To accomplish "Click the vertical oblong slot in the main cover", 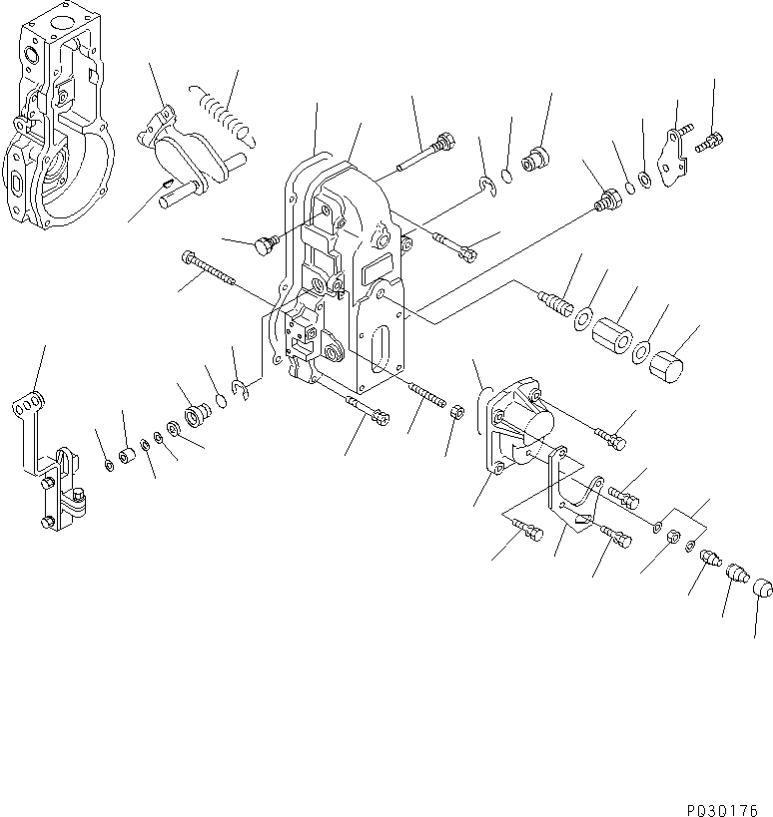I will point(381,353).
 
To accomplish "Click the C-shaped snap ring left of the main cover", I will point(240,388).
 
